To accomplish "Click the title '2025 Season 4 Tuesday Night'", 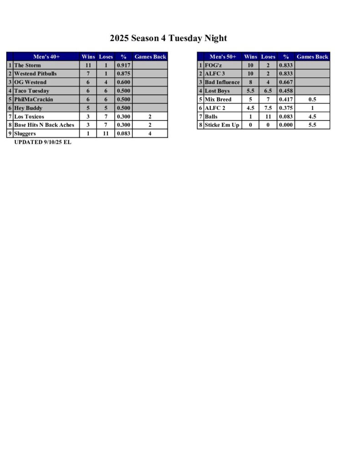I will (168, 38).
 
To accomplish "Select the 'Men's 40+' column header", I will (46, 57).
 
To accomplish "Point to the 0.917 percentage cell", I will (124, 66).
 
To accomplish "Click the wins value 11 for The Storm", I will (88, 66).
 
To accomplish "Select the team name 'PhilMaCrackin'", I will (34, 99).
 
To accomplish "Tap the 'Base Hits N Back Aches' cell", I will (44, 125).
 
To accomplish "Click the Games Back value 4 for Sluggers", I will (150, 133).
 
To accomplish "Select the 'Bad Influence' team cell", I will (222, 82).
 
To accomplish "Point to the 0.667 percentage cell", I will (286, 82).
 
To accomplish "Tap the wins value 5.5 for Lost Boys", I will (250, 91).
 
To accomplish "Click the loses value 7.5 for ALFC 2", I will (268, 108).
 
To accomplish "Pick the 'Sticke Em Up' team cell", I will (222, 125).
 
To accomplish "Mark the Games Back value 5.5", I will (312, 125).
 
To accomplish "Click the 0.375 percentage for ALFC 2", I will (286, 108).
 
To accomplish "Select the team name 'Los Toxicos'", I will (29, 116).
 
